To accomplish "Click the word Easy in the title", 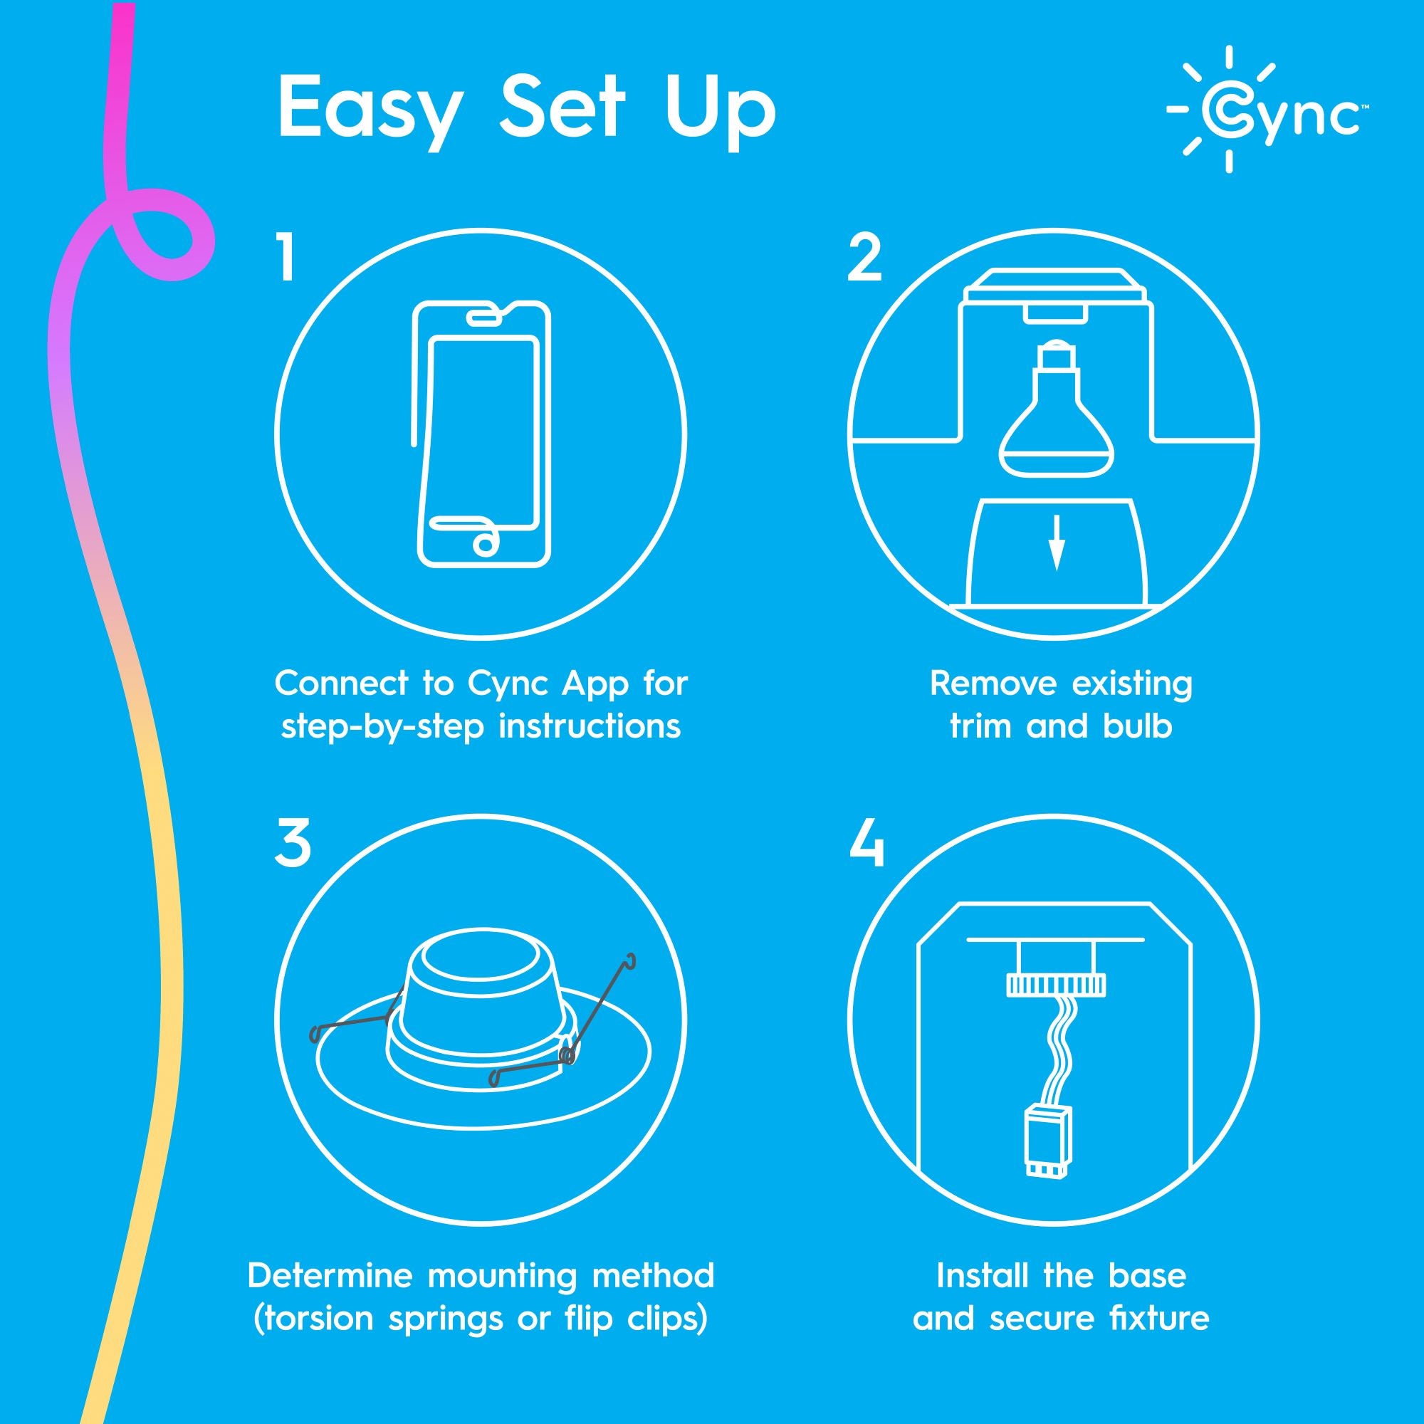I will pos(370,110).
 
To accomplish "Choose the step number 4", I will pos(866,846).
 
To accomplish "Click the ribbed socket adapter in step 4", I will pos(1055,985).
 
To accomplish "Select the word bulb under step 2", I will pos(1137,726).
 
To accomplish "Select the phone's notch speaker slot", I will pos(483,317).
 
